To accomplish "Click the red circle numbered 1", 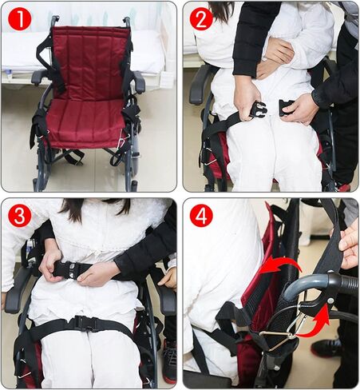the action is click(20, 18).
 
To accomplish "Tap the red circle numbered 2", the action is click(201, 18).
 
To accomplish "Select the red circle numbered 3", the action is click(20, 215).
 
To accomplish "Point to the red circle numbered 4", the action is click(201, 215).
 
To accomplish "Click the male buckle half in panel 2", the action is click(257, 110).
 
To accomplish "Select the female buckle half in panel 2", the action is click(286, 108).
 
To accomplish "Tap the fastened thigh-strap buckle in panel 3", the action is click(83, 322).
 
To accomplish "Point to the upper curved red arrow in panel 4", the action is click(280, 266).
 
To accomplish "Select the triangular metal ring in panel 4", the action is click(277, 336).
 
